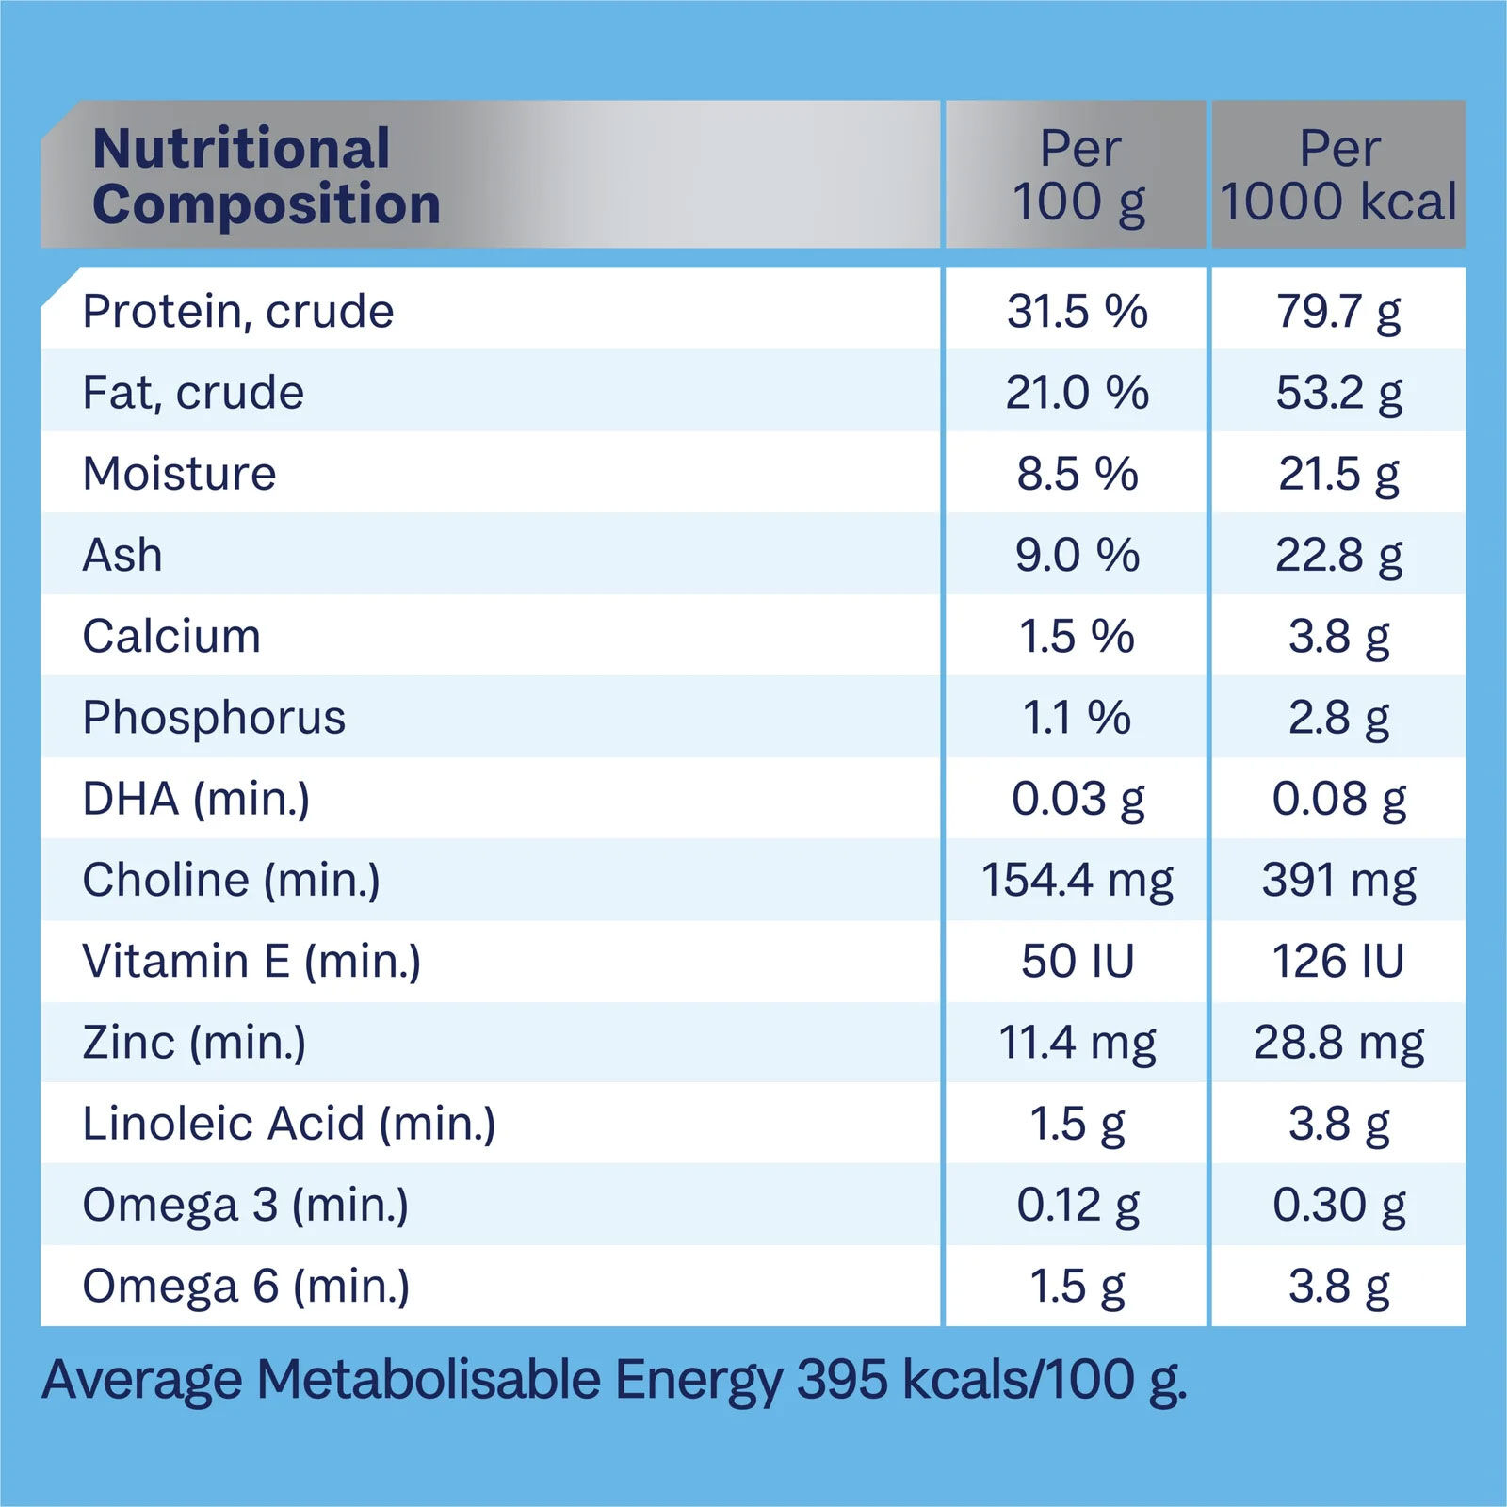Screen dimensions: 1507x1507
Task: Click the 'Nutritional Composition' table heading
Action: tap(267, 176)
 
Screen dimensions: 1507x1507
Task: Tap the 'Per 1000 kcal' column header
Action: tap(1338, 176)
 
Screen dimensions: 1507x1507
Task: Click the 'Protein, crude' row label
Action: tap(238, 311)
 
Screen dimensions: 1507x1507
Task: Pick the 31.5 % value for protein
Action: tap(1078, 311)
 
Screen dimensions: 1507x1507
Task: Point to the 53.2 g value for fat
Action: tap(1338, 393)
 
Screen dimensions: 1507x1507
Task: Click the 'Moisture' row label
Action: tap(179, 474)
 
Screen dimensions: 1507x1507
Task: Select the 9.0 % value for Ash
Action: tap(1078, 555)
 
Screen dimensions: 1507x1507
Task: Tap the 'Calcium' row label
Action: tap(171, 637)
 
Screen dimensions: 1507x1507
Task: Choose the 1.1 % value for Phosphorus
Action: tap(1078, 718)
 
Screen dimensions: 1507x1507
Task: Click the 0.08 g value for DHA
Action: tap(1338, 799)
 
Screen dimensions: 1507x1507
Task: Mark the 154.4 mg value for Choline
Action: tap(1078, 880)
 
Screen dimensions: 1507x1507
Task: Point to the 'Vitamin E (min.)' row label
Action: tap(251, 962)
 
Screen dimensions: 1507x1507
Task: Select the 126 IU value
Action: tap(1338, 962)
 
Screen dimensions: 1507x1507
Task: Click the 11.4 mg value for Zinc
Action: tap(1078, 1043)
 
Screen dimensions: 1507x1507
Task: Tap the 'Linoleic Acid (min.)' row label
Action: tap(289, 1124)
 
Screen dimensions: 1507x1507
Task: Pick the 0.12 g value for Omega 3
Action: tap(1078, 1205)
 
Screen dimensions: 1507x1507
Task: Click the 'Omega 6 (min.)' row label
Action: tap(246, 1287)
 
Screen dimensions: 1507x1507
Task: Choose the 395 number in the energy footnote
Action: tap(842, 1380)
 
